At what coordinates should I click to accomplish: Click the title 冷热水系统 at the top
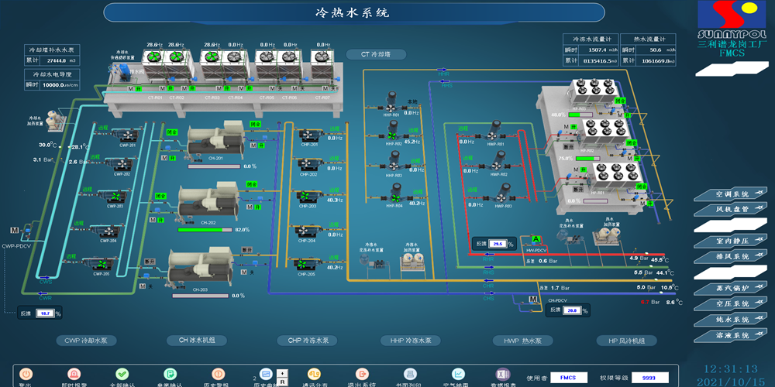(x=353, y=12)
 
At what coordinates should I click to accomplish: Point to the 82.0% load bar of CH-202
(x=205, y=229)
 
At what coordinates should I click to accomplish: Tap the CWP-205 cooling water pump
(x=102, y=264)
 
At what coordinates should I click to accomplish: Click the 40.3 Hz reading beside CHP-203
(x=335, y=200)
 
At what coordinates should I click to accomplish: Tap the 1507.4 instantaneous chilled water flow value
(x=599, y=50)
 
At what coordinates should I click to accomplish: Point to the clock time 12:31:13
(x=731, y=368)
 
